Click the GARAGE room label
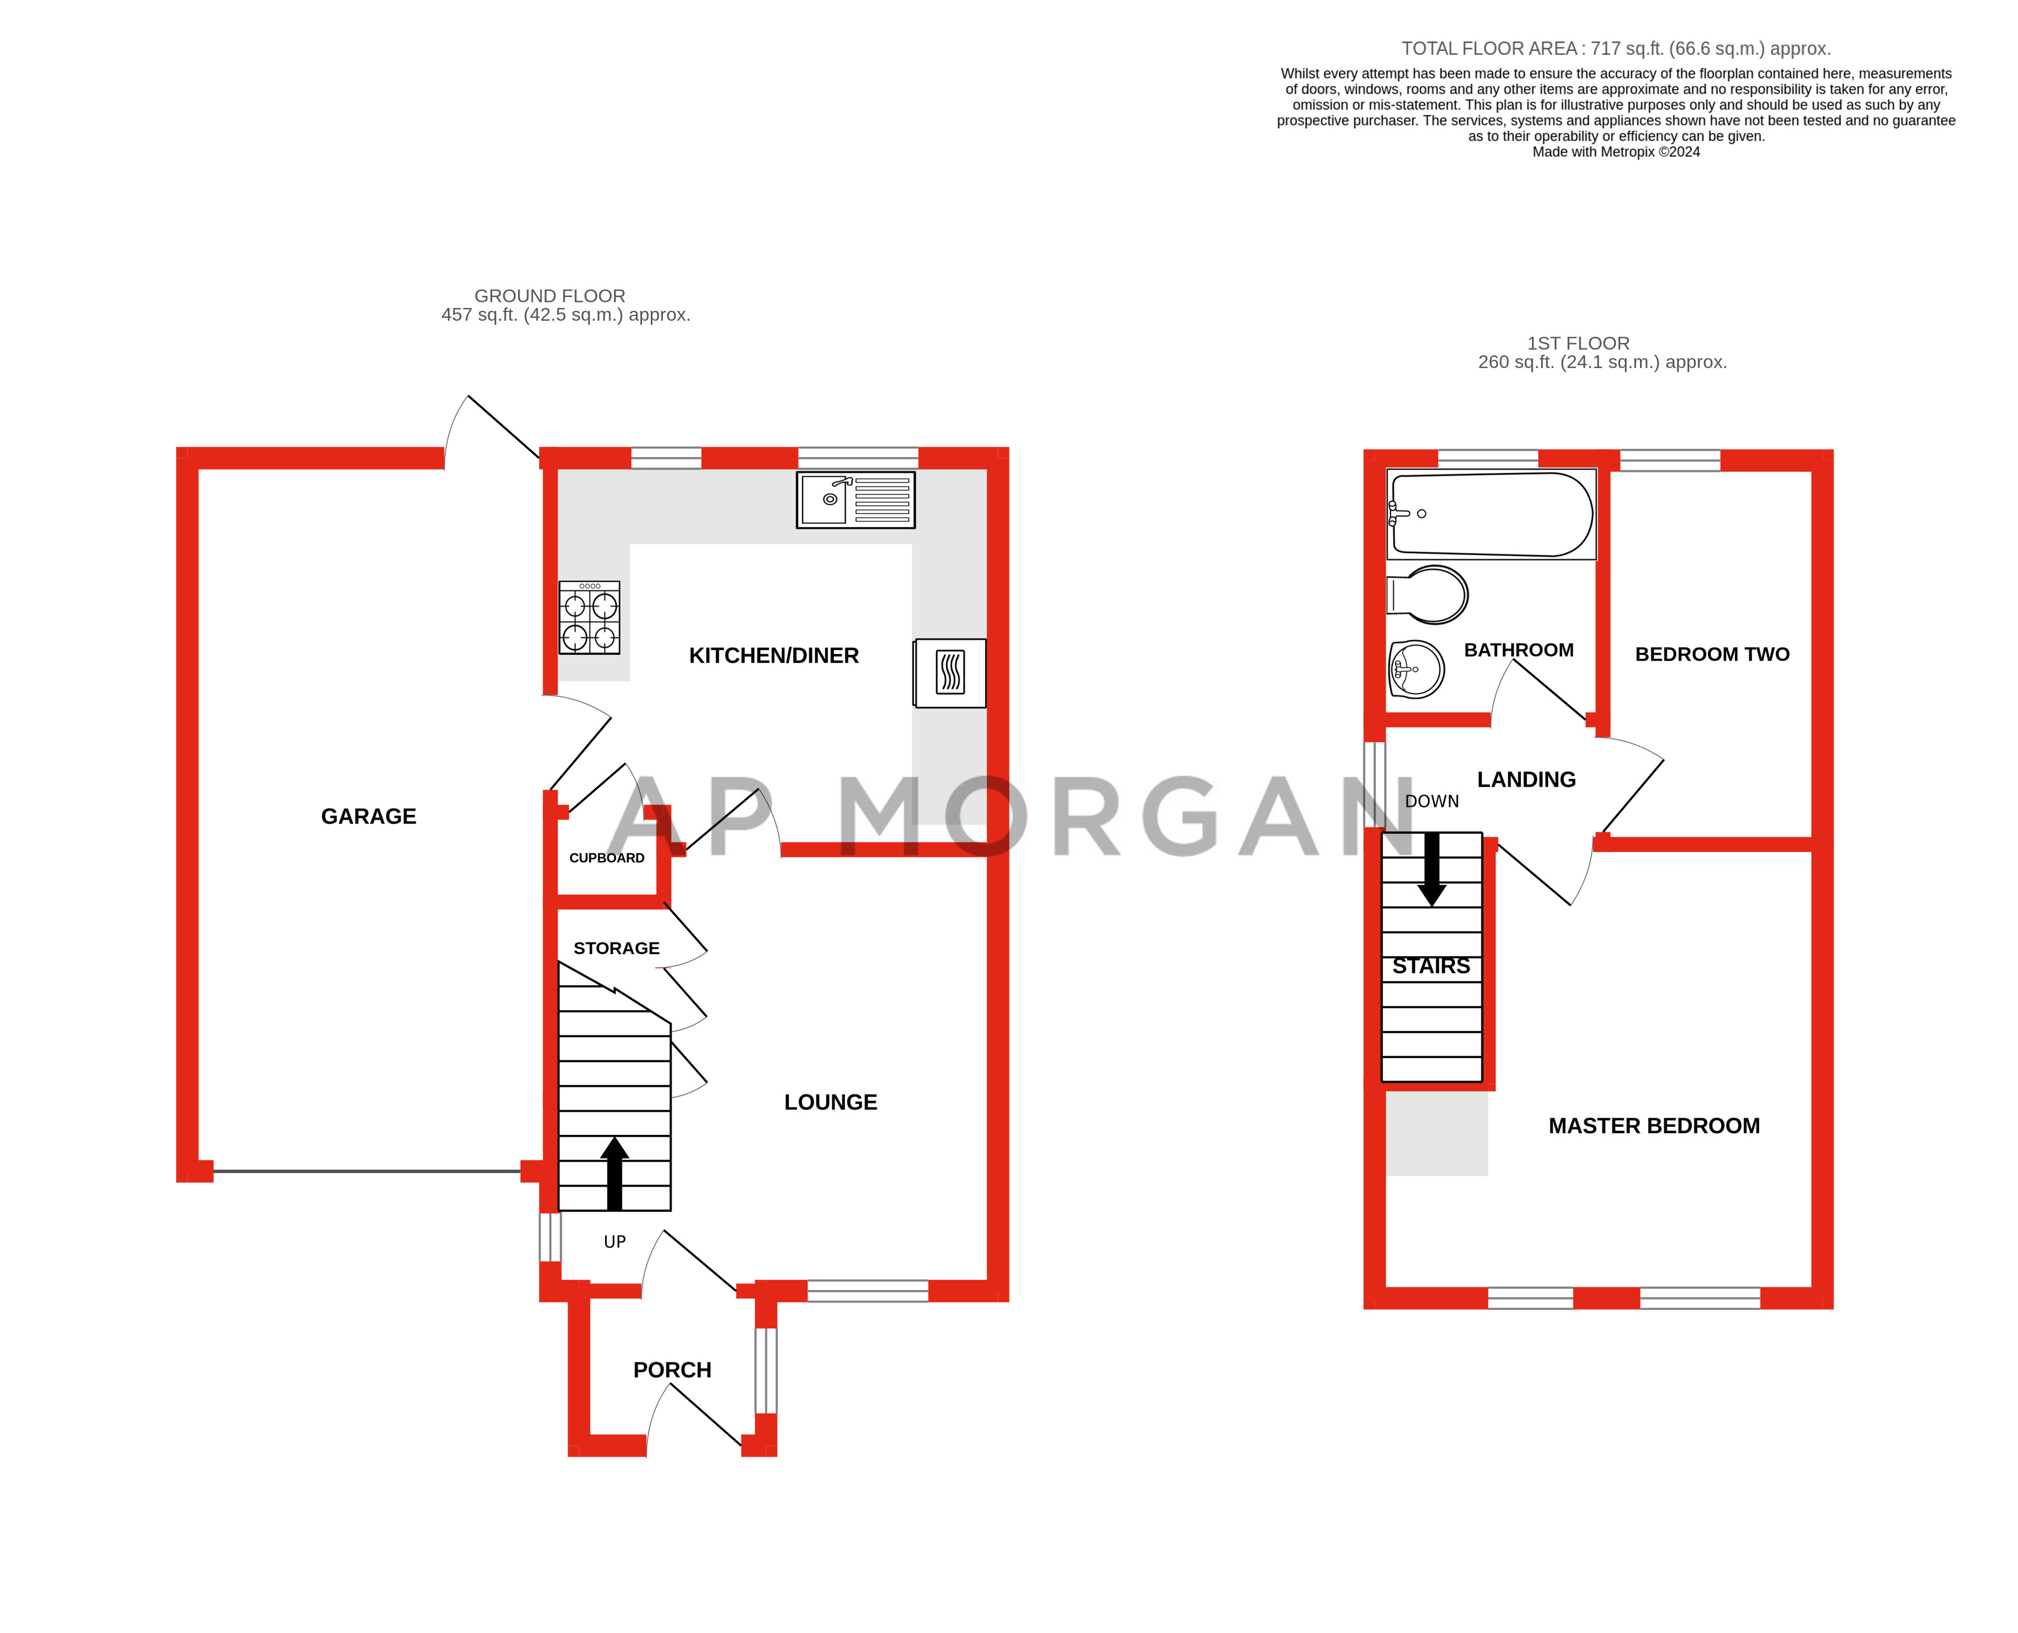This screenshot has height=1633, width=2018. [368, 816]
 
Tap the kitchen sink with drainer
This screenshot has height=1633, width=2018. [855, 499]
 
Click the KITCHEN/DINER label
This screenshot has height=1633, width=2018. [773, 656]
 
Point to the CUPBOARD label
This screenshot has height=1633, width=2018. [607, 858]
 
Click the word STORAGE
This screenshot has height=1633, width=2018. [616, 948]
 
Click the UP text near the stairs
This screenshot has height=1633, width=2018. [614, 1242]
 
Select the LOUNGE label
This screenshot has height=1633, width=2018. [830, 1103]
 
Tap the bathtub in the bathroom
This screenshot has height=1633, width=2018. [1491, 514]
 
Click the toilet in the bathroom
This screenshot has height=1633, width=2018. [1428, 595]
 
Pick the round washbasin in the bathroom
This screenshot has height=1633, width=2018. [1417, 669]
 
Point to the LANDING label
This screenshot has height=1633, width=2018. [1526, 780]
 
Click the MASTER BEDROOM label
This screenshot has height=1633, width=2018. [1654, 1126]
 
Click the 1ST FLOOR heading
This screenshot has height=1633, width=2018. [1578, 343]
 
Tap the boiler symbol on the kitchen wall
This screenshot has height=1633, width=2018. [950, 673]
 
